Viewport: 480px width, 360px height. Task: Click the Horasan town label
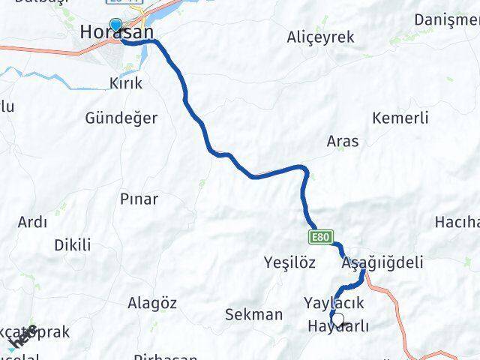tap(117, 33)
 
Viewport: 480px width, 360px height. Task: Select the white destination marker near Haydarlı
tap(337, 320)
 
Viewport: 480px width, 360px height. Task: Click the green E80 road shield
tap(319, 237)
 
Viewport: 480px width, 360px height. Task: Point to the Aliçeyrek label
tap(321, 37)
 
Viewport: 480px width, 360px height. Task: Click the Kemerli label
tap(400, 118)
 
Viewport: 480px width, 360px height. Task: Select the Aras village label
tap(343, 140)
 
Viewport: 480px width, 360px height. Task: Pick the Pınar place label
tap(139, 199)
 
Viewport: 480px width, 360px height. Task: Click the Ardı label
tap(32, 222)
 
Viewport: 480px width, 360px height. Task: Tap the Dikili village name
tap(73, 244)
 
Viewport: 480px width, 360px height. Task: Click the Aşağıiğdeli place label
tap(382, 262)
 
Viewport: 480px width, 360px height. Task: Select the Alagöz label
tap(152, 303)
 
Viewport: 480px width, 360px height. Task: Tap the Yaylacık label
tap(334, 302)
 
